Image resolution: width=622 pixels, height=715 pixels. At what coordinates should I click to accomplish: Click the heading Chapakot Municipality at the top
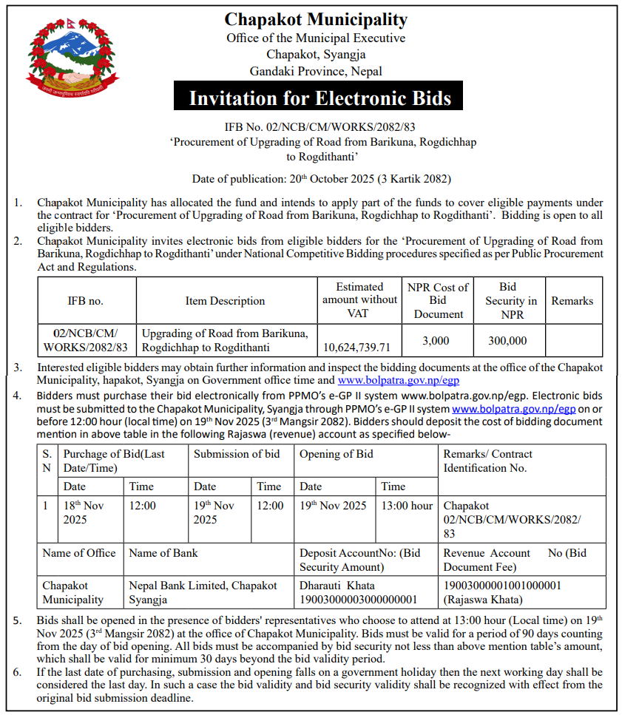point(316,20)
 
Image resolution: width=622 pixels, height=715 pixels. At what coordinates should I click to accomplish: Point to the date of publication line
point(321,179)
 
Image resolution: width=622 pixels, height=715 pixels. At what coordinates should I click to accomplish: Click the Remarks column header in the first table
point(572,301)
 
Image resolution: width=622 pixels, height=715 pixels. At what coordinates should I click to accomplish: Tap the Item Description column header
point(225,301)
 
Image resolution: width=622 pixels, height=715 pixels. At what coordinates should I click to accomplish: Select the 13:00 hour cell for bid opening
point(406,506)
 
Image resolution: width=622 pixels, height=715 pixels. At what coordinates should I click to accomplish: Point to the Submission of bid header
point(237,454)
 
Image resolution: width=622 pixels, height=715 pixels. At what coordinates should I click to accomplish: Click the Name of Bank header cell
point(163,553)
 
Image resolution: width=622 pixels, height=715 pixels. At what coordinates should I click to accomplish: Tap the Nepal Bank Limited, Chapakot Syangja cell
point(203,592)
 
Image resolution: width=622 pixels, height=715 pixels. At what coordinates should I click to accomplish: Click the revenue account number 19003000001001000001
point(502,585)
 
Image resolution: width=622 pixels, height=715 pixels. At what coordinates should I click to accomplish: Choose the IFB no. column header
point(86,301)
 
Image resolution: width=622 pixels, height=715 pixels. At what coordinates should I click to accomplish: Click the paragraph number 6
point(18,672)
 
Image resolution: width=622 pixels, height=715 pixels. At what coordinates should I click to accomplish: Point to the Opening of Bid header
point(336,454)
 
